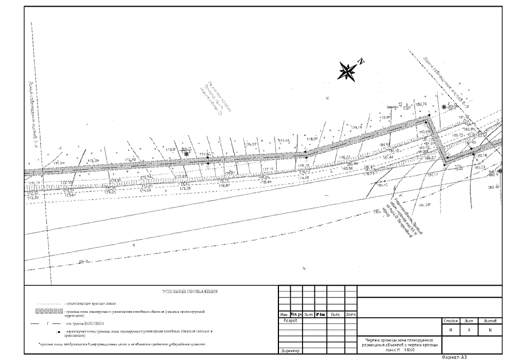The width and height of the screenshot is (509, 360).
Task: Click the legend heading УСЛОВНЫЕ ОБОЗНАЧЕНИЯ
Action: tap(189, 292)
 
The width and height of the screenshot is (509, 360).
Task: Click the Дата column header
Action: tap(350, 314)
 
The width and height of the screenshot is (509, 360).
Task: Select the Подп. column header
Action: tap(335, 314)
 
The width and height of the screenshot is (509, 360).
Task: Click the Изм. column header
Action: tap(284, 314)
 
